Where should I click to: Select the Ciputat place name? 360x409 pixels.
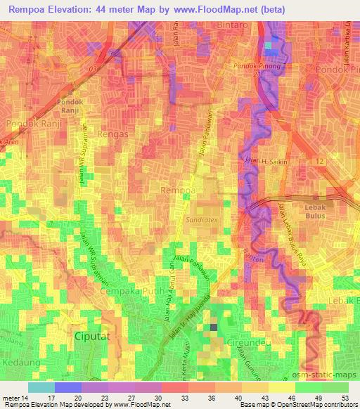[x=92, y=337]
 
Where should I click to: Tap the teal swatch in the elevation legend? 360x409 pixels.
[x=41, y=387]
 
